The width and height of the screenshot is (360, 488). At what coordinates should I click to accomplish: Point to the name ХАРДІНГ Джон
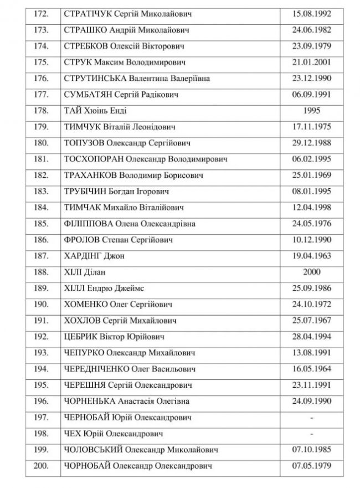[x=93, y=256]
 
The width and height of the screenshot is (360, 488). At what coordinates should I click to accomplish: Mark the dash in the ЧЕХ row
[x=313, y=433]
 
